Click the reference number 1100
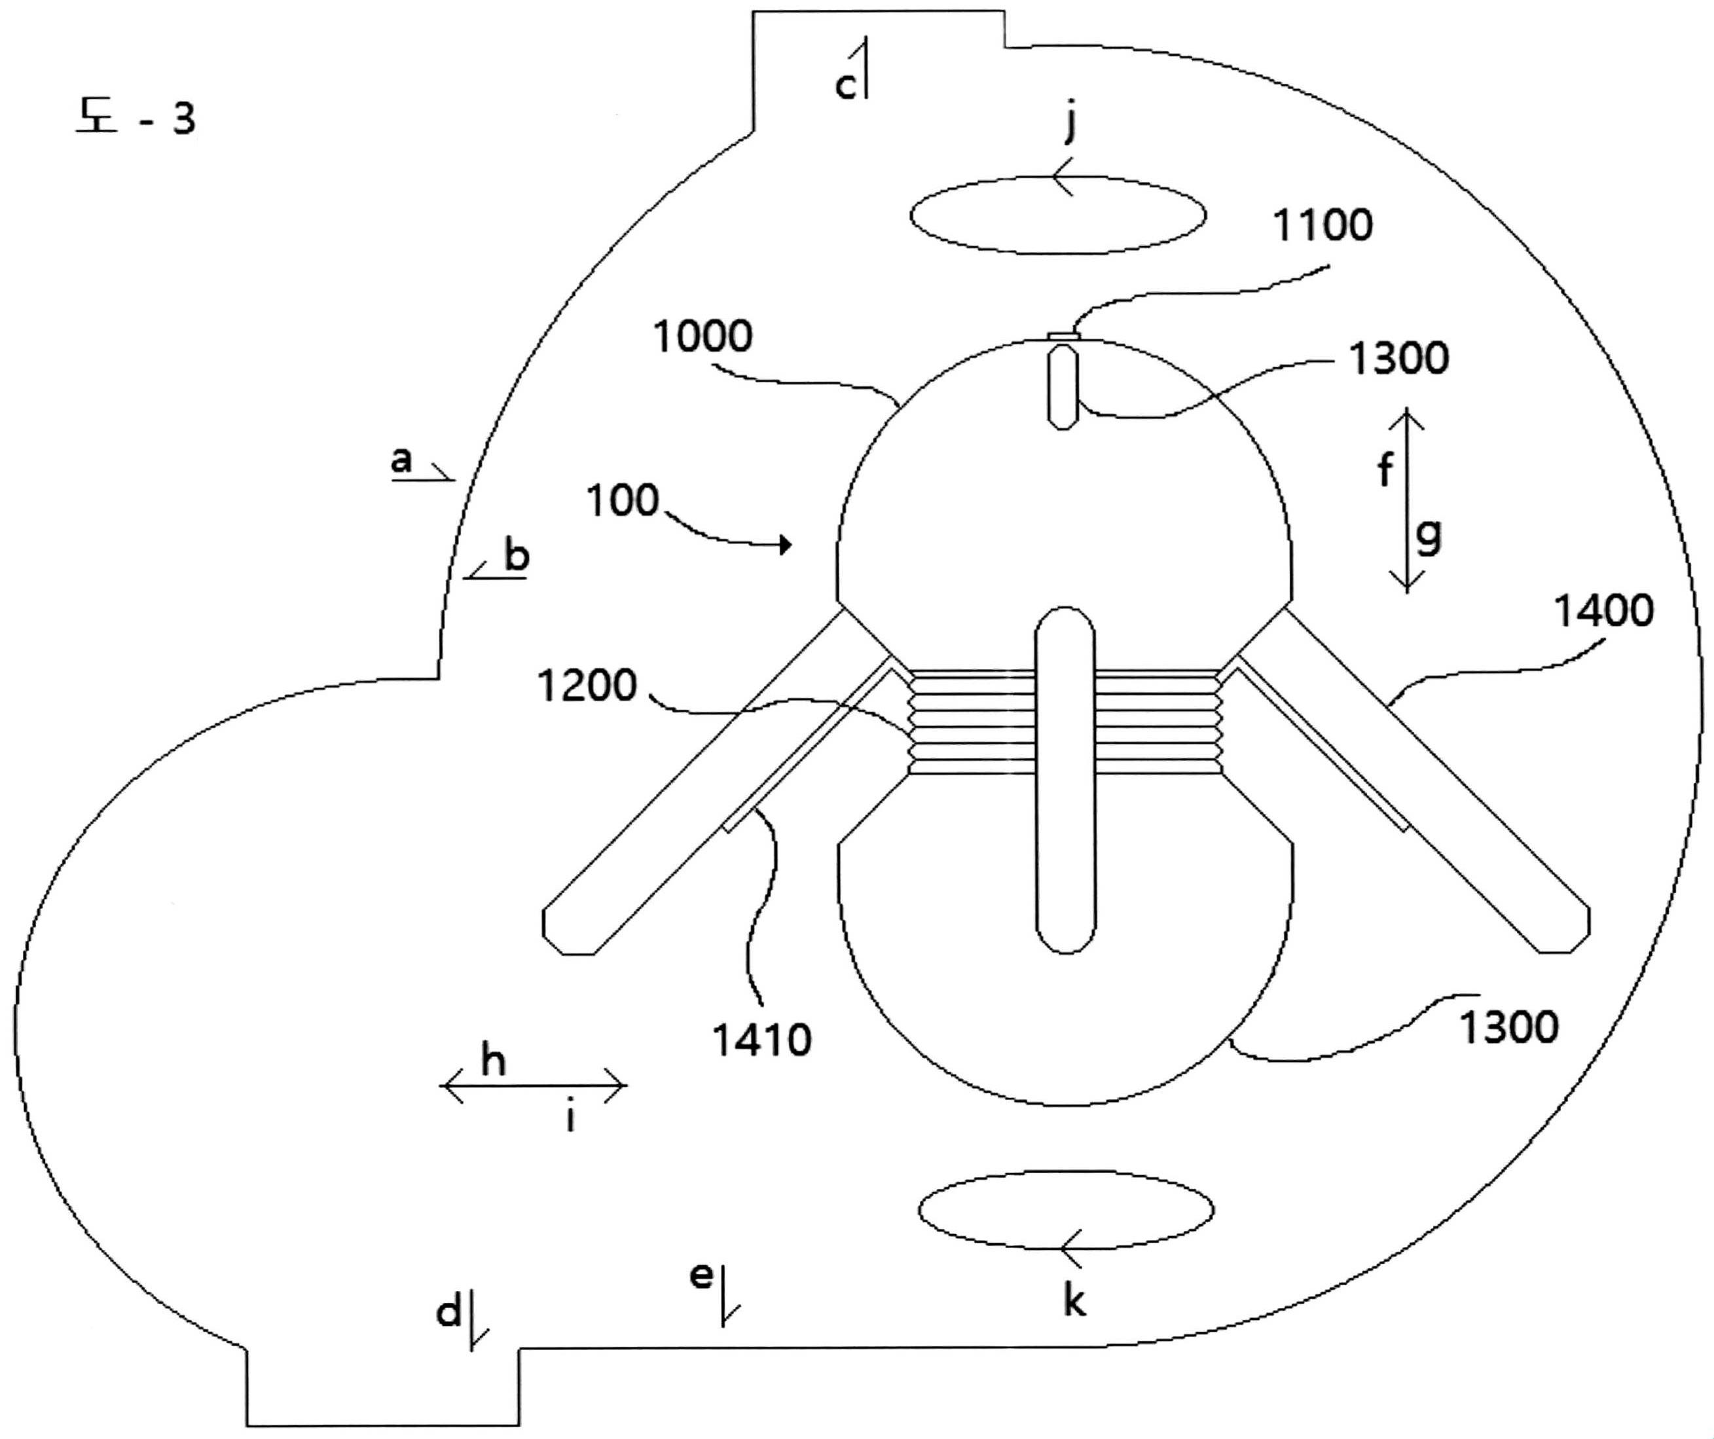pyautogui.click(x=1322, y=226)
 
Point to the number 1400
pyautogui.click(x=1604, y=611)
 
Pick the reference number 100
pyautogui.click(x=623, y=500)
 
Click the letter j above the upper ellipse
pyautogui.click(x=1071, y=125)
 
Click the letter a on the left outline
pyautogui.click(x=401, y=460)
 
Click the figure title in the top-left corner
pyautogui.click(x=136, y=118)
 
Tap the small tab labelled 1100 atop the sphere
pyautogui.click(x=1063, y=335)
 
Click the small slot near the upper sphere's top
pyautogui.click(x=1063, y=387)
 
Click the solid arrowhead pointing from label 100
pyautogui.click(x=786, y=545)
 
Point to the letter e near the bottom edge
pyautogui.click(x=701, y=1274)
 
